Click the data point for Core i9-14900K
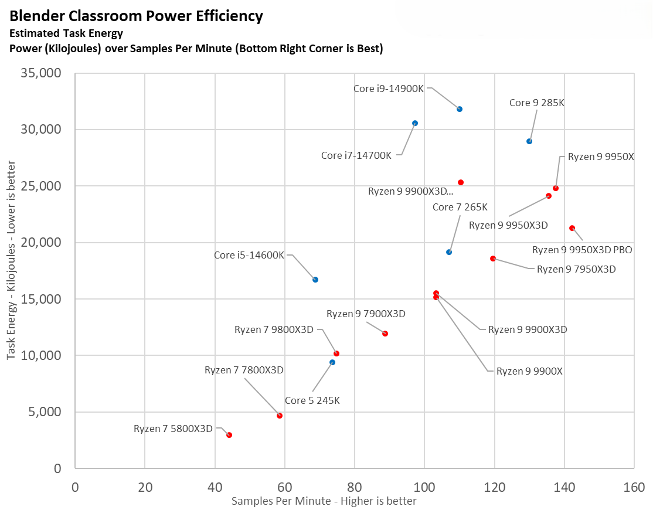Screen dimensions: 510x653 (x=460, y=109)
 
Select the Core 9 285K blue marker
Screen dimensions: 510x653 (x=529, y=141)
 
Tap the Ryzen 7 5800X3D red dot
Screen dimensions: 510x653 (x=229, y=435)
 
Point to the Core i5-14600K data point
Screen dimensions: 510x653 (x=315, y=280)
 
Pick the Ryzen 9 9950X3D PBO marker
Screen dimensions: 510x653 (x=572, y=228)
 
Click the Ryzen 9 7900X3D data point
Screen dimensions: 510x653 (x=385, y=334)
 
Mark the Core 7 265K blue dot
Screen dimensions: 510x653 (x=449, y=252)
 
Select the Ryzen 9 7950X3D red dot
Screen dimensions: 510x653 (x=493, y=259)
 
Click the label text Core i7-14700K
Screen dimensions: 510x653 (x=356, y=156)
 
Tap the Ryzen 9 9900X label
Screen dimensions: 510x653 (x=529, y=371)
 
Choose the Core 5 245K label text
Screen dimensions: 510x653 (x=312, y=401)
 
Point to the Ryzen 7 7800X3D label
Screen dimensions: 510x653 (x=244, y=370)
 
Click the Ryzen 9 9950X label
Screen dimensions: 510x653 (x=601, y=157)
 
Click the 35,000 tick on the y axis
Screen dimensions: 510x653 (x=42, y=73)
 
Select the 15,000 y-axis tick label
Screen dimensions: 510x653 (x=42, y=299)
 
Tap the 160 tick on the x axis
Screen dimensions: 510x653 (x=634, y=487)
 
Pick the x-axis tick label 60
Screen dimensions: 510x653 (x=284, y=487)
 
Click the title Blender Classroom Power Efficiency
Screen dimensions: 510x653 (x=136, y=16)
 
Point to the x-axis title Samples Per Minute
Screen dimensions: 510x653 (x=324, y=501)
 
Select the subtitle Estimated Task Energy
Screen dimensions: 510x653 (x=66, y=33)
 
